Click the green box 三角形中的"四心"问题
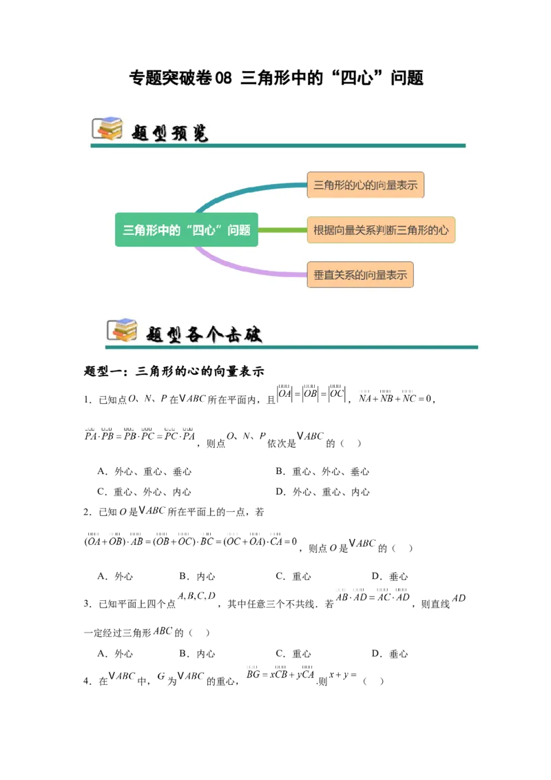[186, 230]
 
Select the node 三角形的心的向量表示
[365, 185]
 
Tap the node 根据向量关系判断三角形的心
[381, 229]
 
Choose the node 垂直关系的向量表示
[360, 275]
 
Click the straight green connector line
[282, 230]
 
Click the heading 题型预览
[169, 132]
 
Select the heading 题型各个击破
[204, 333]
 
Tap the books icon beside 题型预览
[107, 129]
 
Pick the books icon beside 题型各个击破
[122, 330]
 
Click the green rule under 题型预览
[275, 145]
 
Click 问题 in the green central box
[240, 230]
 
